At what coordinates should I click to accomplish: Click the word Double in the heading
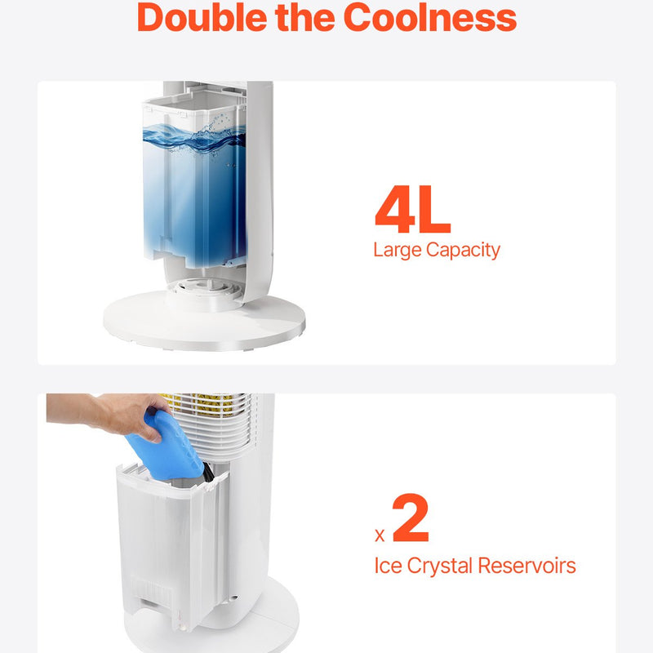202,17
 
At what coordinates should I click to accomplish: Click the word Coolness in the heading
430,17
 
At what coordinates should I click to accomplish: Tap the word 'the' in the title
305,17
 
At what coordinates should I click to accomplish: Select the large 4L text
413,209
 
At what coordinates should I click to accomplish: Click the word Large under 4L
398,251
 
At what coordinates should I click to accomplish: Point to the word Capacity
463,251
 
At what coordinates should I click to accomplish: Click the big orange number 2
411,518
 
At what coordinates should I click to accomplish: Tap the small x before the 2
380,535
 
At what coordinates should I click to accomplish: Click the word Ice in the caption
388,566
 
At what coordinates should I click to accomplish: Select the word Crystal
440,566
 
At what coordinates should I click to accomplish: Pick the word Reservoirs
526,566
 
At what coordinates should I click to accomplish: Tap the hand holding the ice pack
109,415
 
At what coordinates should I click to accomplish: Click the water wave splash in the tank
194,136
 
